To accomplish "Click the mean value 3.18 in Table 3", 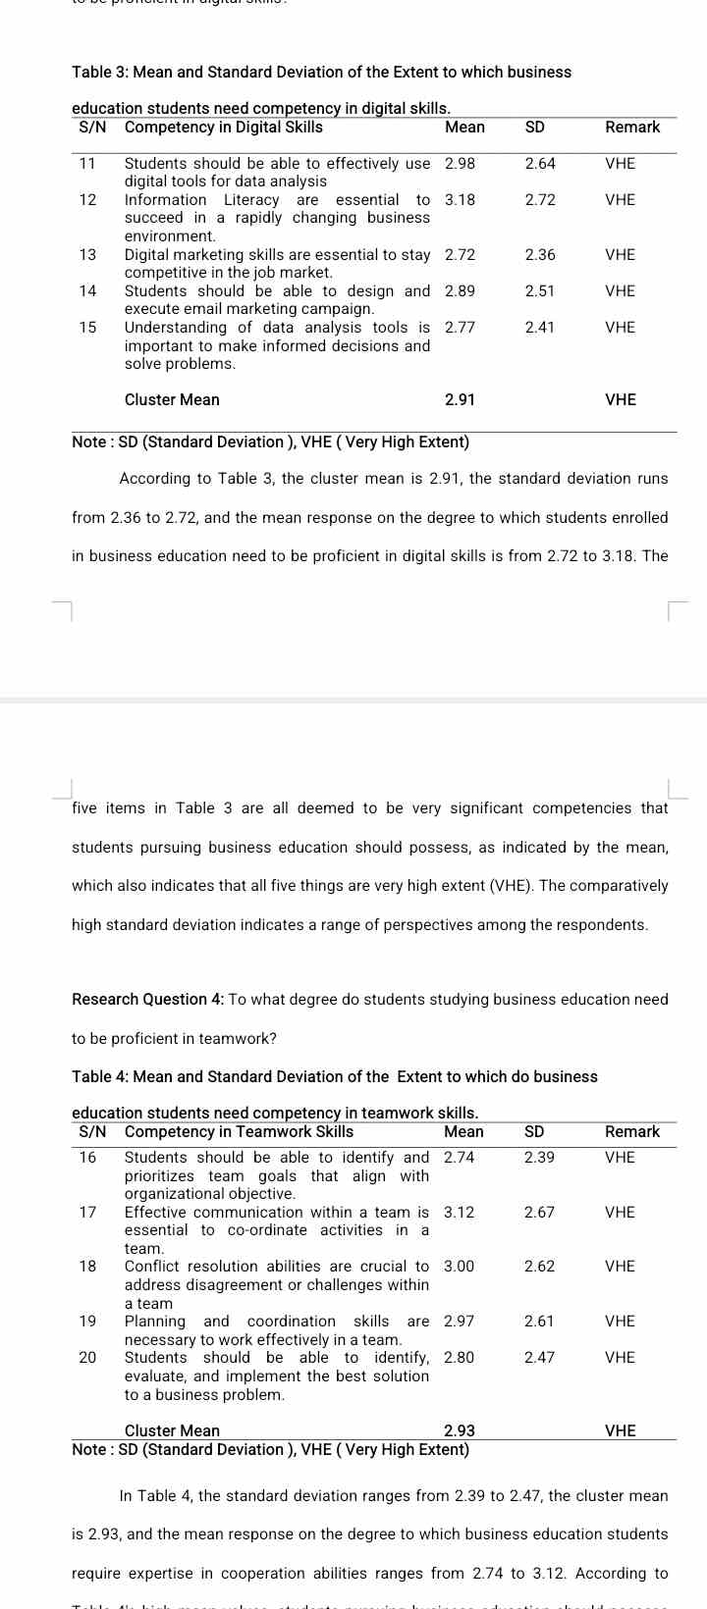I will [x=460, y=200].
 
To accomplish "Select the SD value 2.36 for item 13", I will [x=540, y=255].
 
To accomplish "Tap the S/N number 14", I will [x=87, y=291].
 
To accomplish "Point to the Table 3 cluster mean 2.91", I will [x=460, y=400].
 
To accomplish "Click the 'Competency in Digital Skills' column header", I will [x=223, y=128].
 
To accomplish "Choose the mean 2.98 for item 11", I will [x=460, y=164].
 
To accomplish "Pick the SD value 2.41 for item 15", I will [x=540, y=328].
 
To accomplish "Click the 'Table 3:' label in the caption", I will [x=100, y=73].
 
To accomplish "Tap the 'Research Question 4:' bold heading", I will [x=147, y=1000].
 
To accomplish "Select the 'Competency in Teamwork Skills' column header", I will [x=239, y=1132].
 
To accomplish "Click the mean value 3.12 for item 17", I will [x=459, y=1213].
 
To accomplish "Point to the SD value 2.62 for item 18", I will [x=539, y=1267].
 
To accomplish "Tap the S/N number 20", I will [x=87, y=1358].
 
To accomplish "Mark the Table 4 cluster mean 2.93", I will [x=460, y=1431].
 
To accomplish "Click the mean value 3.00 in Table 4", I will [x=459, y=1267].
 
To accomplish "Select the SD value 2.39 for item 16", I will [x=539, y=1158].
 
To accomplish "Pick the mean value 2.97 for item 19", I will [x=459, y=1322].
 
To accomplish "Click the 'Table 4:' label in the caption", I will [x=100, y=1077].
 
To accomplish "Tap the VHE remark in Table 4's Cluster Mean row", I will [x=621, y=1431].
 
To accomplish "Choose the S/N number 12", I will [x=87, y=200].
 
